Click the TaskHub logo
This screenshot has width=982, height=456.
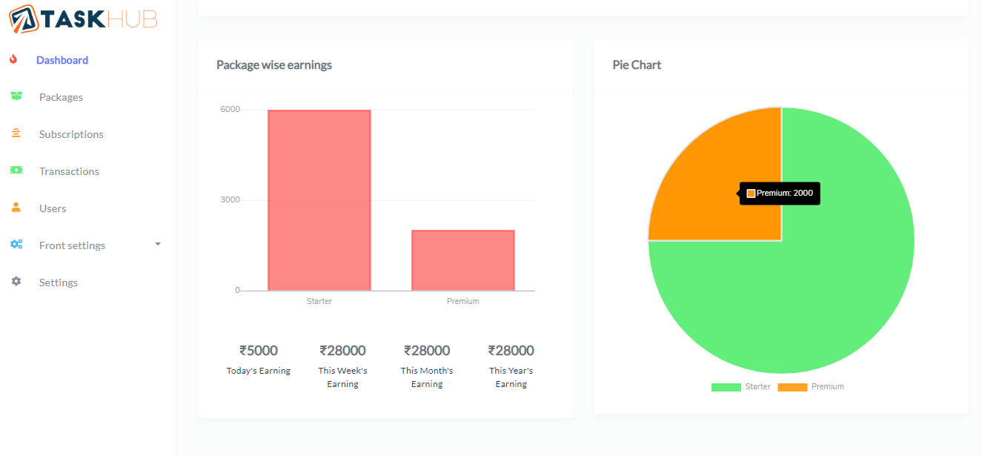point(83,19)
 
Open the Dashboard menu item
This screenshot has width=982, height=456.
point(62,60)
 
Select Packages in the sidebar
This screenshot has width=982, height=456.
point(61,97)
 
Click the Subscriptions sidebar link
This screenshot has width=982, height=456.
point(71,134)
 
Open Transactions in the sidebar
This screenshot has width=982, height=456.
point(69,171)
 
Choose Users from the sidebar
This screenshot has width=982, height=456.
point(53,208)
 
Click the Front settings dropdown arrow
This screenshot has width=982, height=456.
point(158,244)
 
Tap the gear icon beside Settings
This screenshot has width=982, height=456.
point(16,282)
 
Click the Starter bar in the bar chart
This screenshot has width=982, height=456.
point(319,200)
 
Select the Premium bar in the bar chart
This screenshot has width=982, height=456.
point(462,260)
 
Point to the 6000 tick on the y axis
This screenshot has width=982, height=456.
point(230,110)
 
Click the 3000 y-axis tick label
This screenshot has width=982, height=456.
point(230,200)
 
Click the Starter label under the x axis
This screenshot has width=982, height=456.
point(319,301)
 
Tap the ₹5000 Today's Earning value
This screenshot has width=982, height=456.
point(259,350)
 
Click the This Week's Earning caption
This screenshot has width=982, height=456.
point(342,377)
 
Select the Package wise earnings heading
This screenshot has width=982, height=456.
point(274,65)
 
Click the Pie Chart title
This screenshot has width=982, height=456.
point(637,65)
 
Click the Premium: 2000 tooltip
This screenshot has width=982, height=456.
point(780,194)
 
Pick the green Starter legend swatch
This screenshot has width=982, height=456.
point(726,387)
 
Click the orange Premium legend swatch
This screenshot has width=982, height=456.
point(792,387)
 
